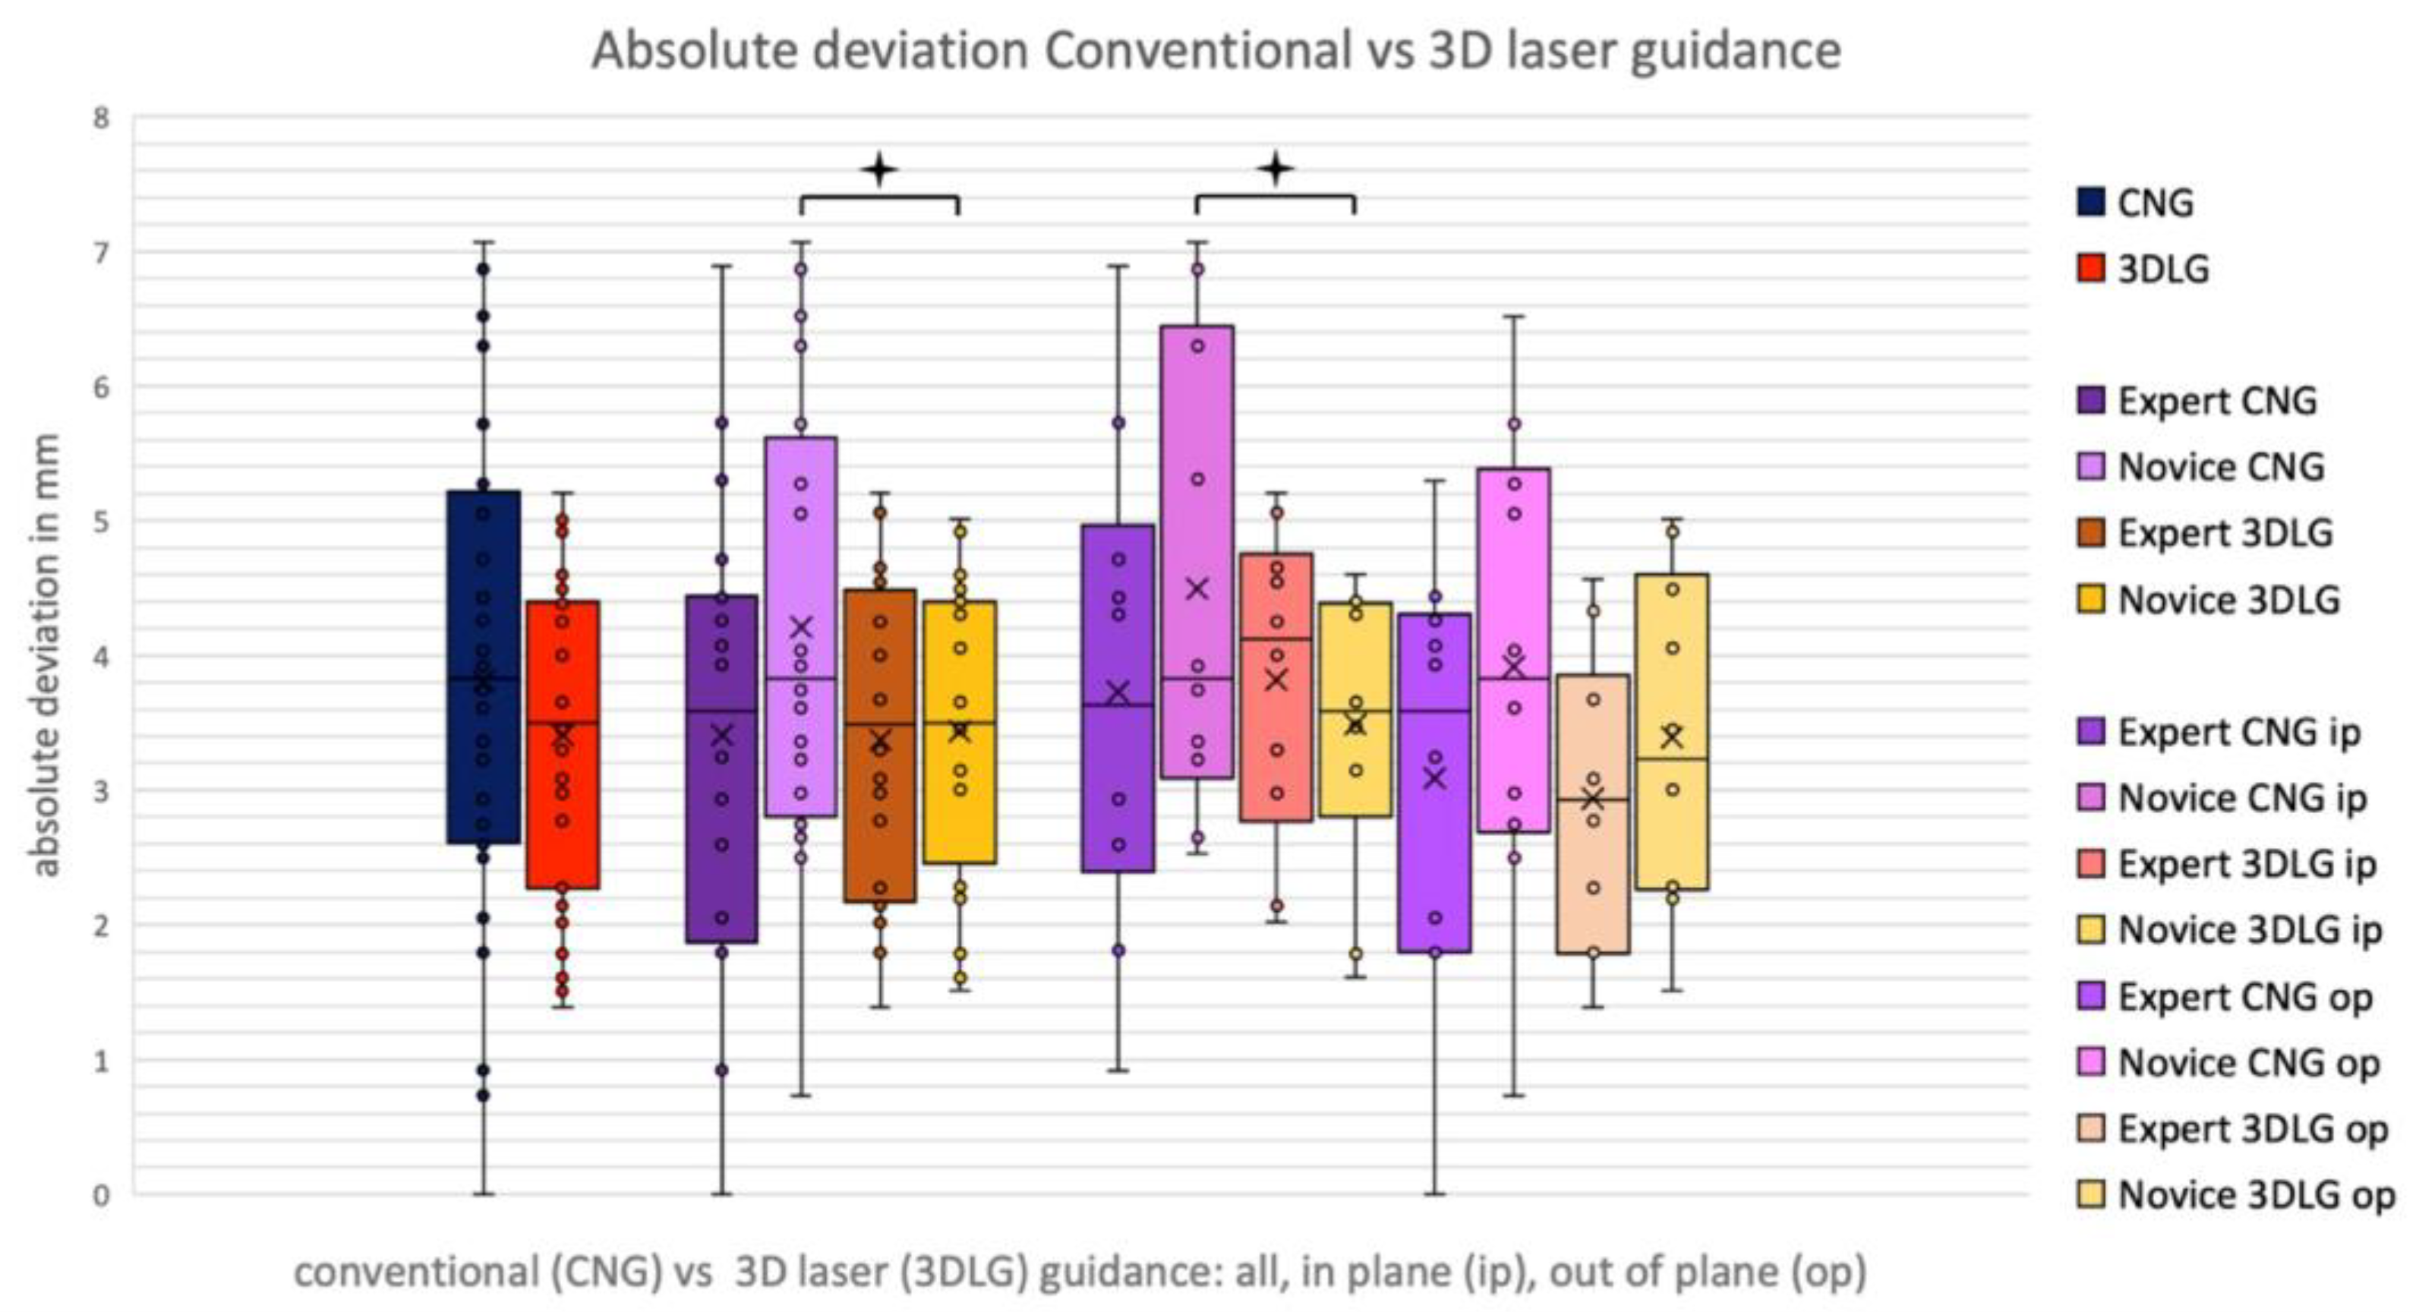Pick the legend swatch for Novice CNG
click(x=2090, y=467)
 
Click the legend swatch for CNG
click(x=2090, y=203)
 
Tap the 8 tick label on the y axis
click(x=100, y=118)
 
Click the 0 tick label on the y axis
click(x=100, y=1196)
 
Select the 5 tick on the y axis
click(x=100, y=522)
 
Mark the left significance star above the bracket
click(x=880, y=171)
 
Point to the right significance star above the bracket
click(x=1276, y=170)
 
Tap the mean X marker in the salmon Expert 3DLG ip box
click(x=1276, y=680)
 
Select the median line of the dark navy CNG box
click(x=483, y=678)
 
